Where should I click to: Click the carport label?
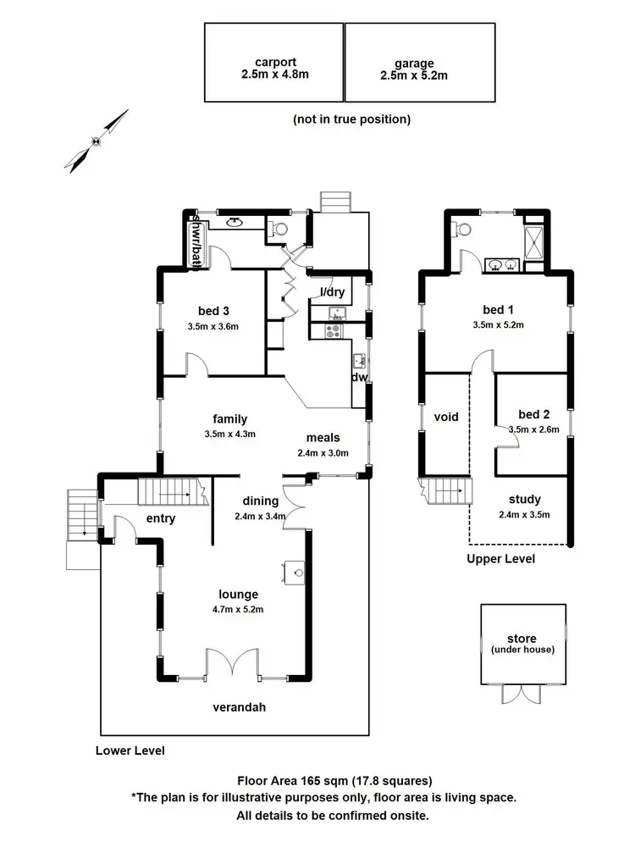(273, 62)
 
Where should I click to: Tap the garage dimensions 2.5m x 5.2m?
(414, 75)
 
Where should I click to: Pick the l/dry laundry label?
(332, 292)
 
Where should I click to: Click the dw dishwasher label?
(360, 378)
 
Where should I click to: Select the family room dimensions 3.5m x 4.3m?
(230, 434)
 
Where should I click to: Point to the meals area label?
(323, 438)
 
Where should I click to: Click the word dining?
(261, 500)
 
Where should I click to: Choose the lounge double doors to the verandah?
(231, 665)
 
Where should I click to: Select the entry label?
(160, 518)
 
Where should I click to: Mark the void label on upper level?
(446, 418)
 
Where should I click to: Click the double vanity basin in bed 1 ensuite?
(503, 265)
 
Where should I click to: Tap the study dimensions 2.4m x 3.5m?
(525, 514)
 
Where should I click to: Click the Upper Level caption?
(501, 559)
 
